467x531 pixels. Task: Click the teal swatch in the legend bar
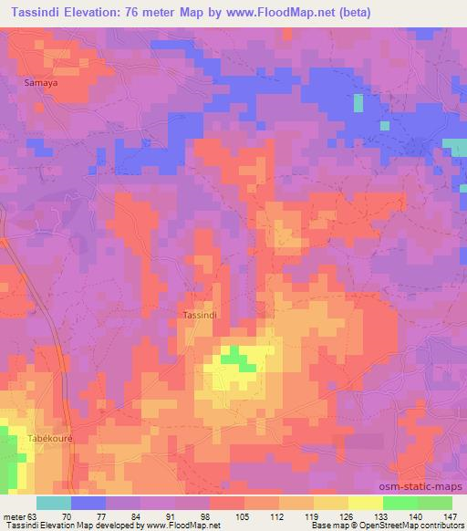tap(54, 503)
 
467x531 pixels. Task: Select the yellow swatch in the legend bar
tap(365, 503)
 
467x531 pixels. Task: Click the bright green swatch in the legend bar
tap(400, 503)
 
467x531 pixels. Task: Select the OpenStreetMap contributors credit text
tap(416, 526)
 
